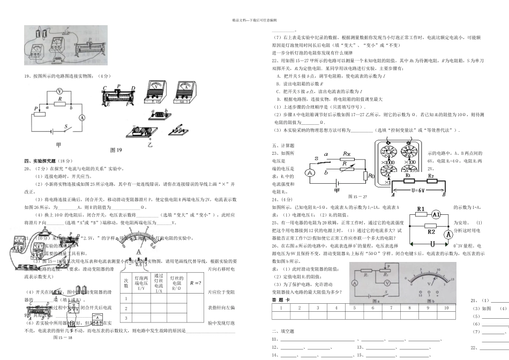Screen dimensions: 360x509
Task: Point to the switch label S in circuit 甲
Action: [x=66, y=127]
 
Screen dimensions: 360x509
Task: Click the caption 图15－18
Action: [x=63, y=338]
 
